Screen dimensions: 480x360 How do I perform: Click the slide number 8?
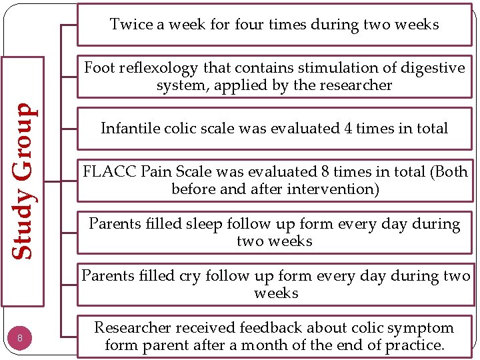click(21, 338)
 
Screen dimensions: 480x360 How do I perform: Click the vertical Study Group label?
click(24, 181)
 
